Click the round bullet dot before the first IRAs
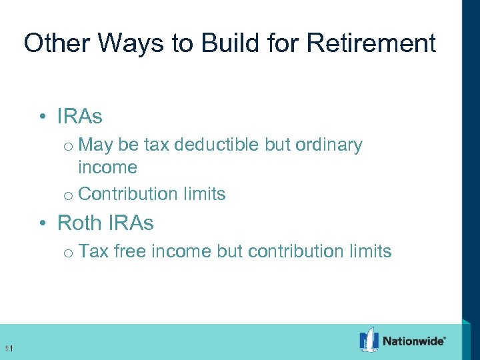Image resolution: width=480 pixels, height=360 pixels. point(42,117)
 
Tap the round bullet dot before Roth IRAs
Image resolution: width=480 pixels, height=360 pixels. point(42,223)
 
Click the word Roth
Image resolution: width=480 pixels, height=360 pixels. point(81,223)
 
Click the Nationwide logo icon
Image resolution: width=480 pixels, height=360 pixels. point(369,340)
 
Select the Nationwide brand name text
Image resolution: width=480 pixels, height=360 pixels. point(413,341)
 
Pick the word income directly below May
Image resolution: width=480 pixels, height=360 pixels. point(107,167)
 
